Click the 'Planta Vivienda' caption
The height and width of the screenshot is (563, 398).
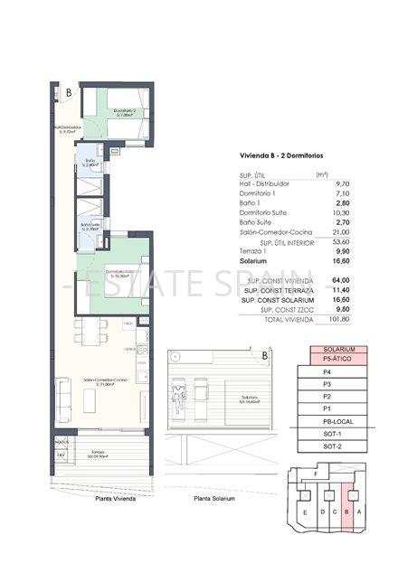pyautogui.click(x=98, y=498)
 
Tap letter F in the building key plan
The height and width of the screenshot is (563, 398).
pyautogui.click(x=314, y=474)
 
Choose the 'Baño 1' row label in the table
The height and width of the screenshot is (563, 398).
pyautogui.click(x=238, y=203)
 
